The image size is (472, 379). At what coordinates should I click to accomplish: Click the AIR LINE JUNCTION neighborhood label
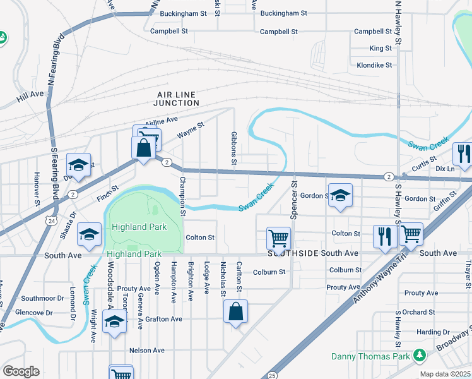tap(178, 98)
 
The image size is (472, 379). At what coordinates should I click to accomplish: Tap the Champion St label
tap(182, 196)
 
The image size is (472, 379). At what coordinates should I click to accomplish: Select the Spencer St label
tap(294, 201)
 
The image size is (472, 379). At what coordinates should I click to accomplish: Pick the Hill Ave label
tap(30, 94)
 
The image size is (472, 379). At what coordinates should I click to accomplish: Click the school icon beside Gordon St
tap(340, 195)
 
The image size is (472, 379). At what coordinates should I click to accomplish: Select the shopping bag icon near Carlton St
tap(235, 311)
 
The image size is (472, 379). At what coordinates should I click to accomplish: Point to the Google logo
tap(20, 371)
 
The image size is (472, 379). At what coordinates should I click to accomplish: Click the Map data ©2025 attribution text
tap(444, 374)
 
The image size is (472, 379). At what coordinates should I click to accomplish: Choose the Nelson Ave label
tap(146, 350)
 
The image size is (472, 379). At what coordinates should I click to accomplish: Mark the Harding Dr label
tap(432, 332)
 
